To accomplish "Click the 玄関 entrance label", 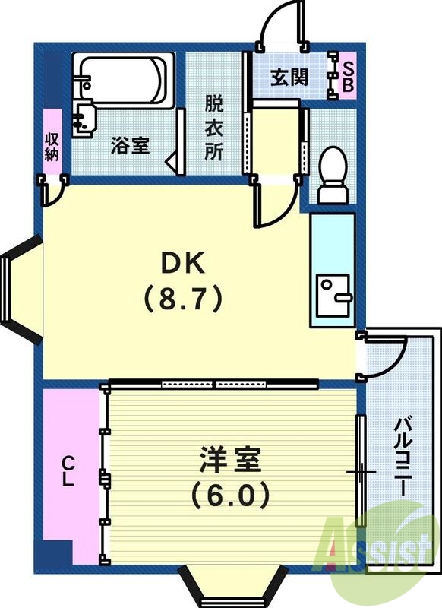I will point(289,78).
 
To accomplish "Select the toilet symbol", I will point(332,175).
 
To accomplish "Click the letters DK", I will point(182,264).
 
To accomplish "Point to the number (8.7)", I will point(183,298).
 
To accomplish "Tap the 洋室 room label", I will point(230,461).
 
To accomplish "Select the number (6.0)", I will point(230,496).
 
